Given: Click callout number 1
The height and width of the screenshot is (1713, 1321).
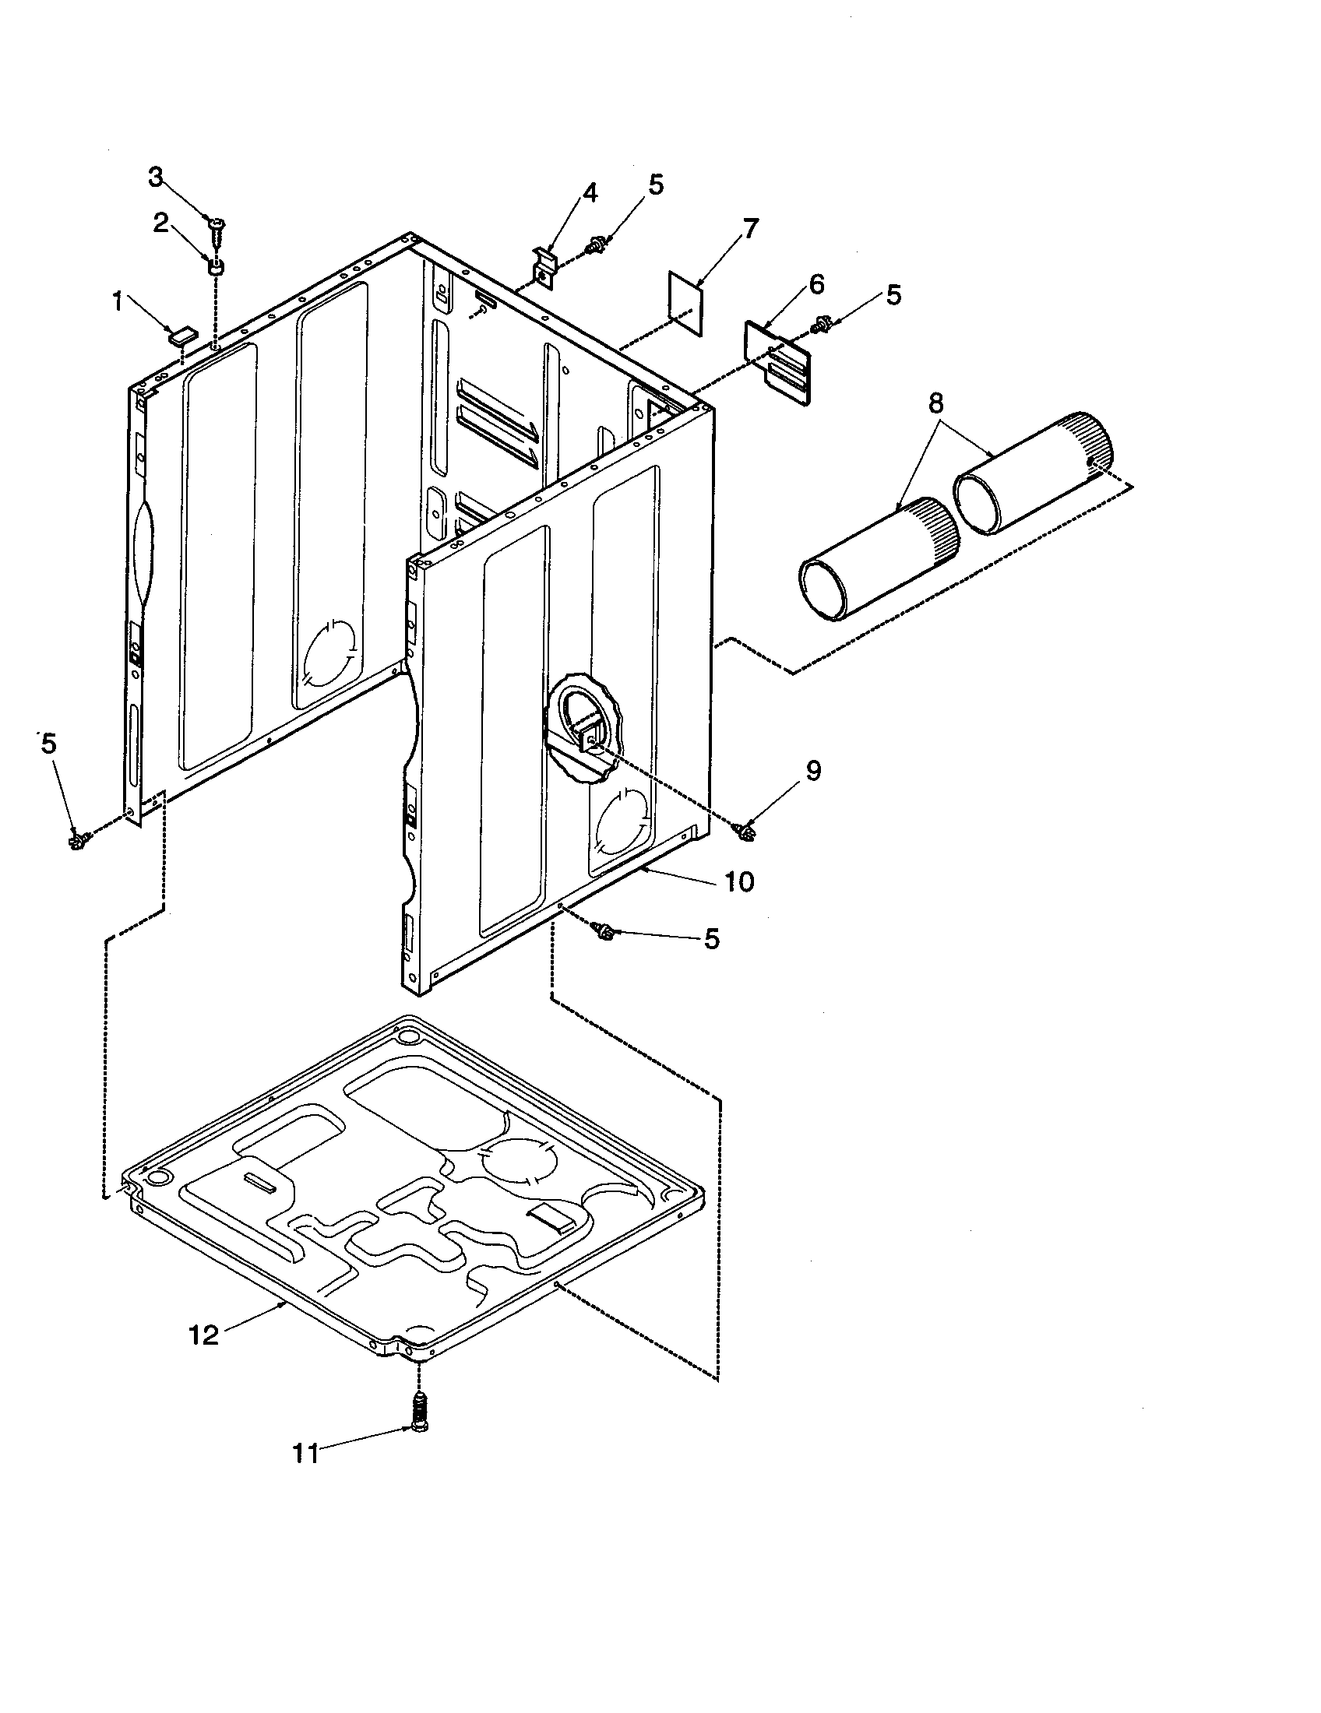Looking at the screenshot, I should (x=117, y=301).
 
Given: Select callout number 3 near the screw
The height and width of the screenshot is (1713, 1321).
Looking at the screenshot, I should (x=156, y=178).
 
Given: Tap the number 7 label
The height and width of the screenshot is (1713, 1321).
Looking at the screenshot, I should (x=750, y=229).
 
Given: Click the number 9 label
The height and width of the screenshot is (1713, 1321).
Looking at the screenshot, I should (x=813, y=771).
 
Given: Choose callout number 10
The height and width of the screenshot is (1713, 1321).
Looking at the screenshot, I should (x=738, y=881).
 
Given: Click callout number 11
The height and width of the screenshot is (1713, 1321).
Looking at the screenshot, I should (x=306, y=1454).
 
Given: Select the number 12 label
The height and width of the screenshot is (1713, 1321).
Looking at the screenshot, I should (x=204, y=1334).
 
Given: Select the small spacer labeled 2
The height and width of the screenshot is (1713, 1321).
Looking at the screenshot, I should (x=215, y=267).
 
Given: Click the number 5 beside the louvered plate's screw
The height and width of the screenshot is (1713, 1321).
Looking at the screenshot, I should (x=893, y=295).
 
